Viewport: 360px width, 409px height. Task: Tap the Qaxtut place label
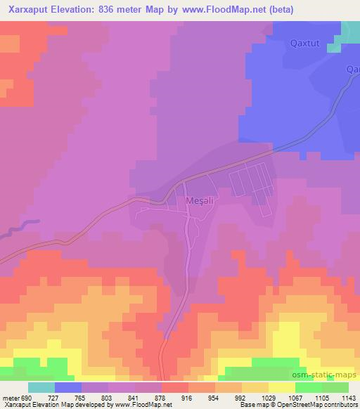[304, 44]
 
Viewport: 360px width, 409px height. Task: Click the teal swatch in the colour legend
[41, 387]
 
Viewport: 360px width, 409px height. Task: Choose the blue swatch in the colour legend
[68, 387]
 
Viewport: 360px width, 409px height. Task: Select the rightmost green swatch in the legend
[335, 387]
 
